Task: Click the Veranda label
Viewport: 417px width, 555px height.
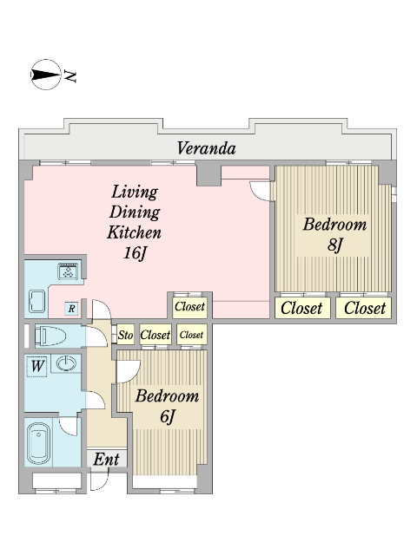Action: (206, 148)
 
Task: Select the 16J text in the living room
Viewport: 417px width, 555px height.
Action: (135, 253)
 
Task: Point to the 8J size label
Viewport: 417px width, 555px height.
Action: (335, 245)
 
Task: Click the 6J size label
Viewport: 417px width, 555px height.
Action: (168, 416)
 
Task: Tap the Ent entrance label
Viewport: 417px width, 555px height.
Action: (106, 460)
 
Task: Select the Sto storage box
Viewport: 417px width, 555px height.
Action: (125, 335)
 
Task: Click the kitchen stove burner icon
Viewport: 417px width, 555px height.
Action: (69, 271)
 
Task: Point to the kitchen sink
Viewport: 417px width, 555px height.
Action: (36, 301)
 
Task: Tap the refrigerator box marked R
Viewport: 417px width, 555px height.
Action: (71, 309)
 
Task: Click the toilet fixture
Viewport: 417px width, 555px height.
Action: (50, 336)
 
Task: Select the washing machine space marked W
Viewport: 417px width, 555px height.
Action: (36, 366)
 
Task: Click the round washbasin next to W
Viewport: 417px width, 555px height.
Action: (66, 363)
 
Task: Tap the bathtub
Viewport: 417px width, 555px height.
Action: (38, 443)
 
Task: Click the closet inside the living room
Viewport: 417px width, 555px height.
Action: (189, 306)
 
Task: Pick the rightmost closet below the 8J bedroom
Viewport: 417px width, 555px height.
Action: (364, 308)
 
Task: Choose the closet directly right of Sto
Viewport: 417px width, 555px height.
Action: (156, 335)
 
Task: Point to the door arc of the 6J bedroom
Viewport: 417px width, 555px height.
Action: (129, 371)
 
